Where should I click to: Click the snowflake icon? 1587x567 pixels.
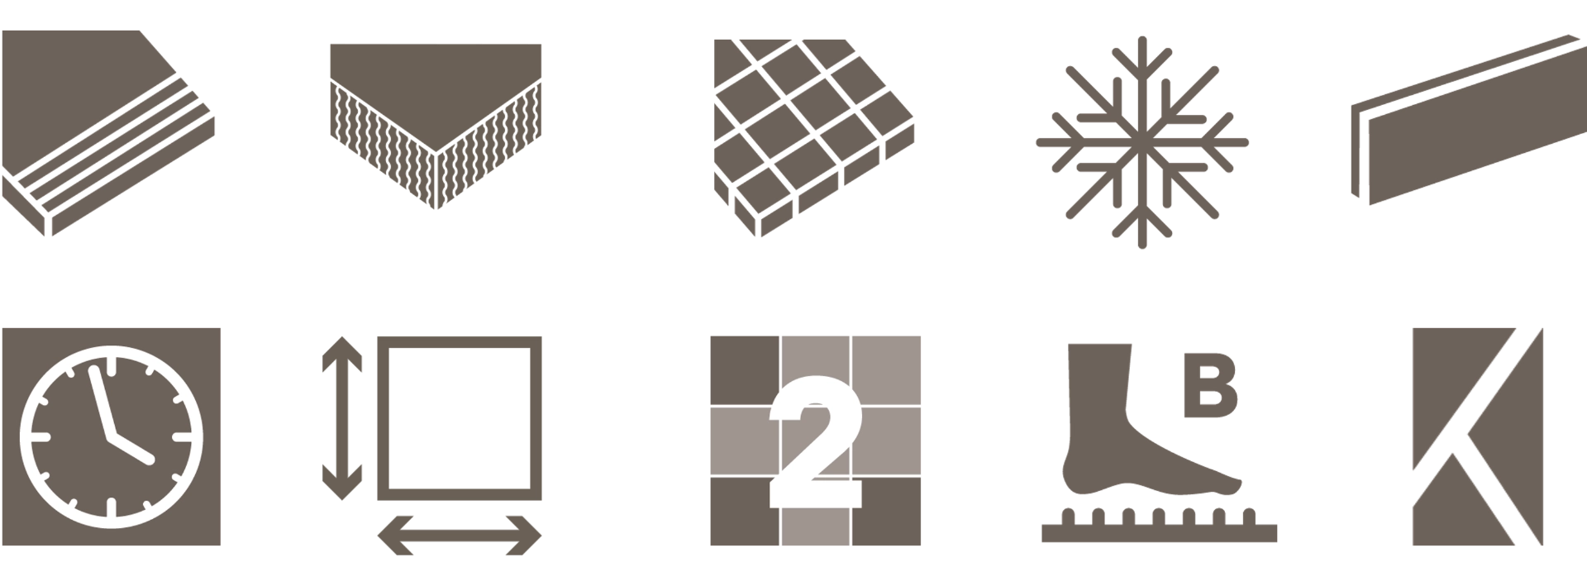click(1142, 142)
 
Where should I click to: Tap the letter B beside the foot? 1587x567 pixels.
click(1210, 385)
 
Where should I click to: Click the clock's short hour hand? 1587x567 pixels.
click(131, 446)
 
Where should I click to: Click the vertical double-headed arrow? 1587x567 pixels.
click(342, 418)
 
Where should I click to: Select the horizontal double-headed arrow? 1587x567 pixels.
click(460, 535)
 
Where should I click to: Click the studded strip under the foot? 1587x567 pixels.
click(1159, 527)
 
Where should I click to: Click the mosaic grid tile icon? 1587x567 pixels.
click(814, 136)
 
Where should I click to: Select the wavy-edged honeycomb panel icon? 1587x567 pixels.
click(436, 124)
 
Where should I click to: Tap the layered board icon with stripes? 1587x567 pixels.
click(107, 132)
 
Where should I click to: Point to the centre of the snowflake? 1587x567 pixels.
click(1142, 142)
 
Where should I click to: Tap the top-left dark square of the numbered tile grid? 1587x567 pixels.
click(744, 370)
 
